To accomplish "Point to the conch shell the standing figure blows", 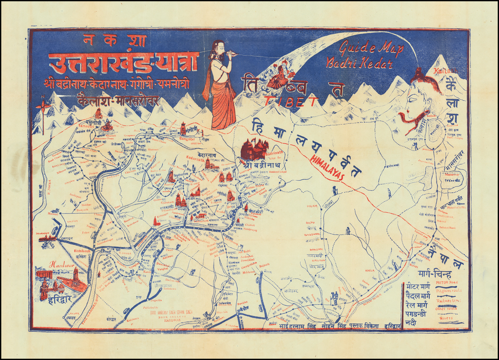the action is [x=232, y=55].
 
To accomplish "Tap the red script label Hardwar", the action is [x=61, y=265].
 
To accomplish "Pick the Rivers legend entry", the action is [x=448, y=315].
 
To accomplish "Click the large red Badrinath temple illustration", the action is [x=254, y=149].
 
